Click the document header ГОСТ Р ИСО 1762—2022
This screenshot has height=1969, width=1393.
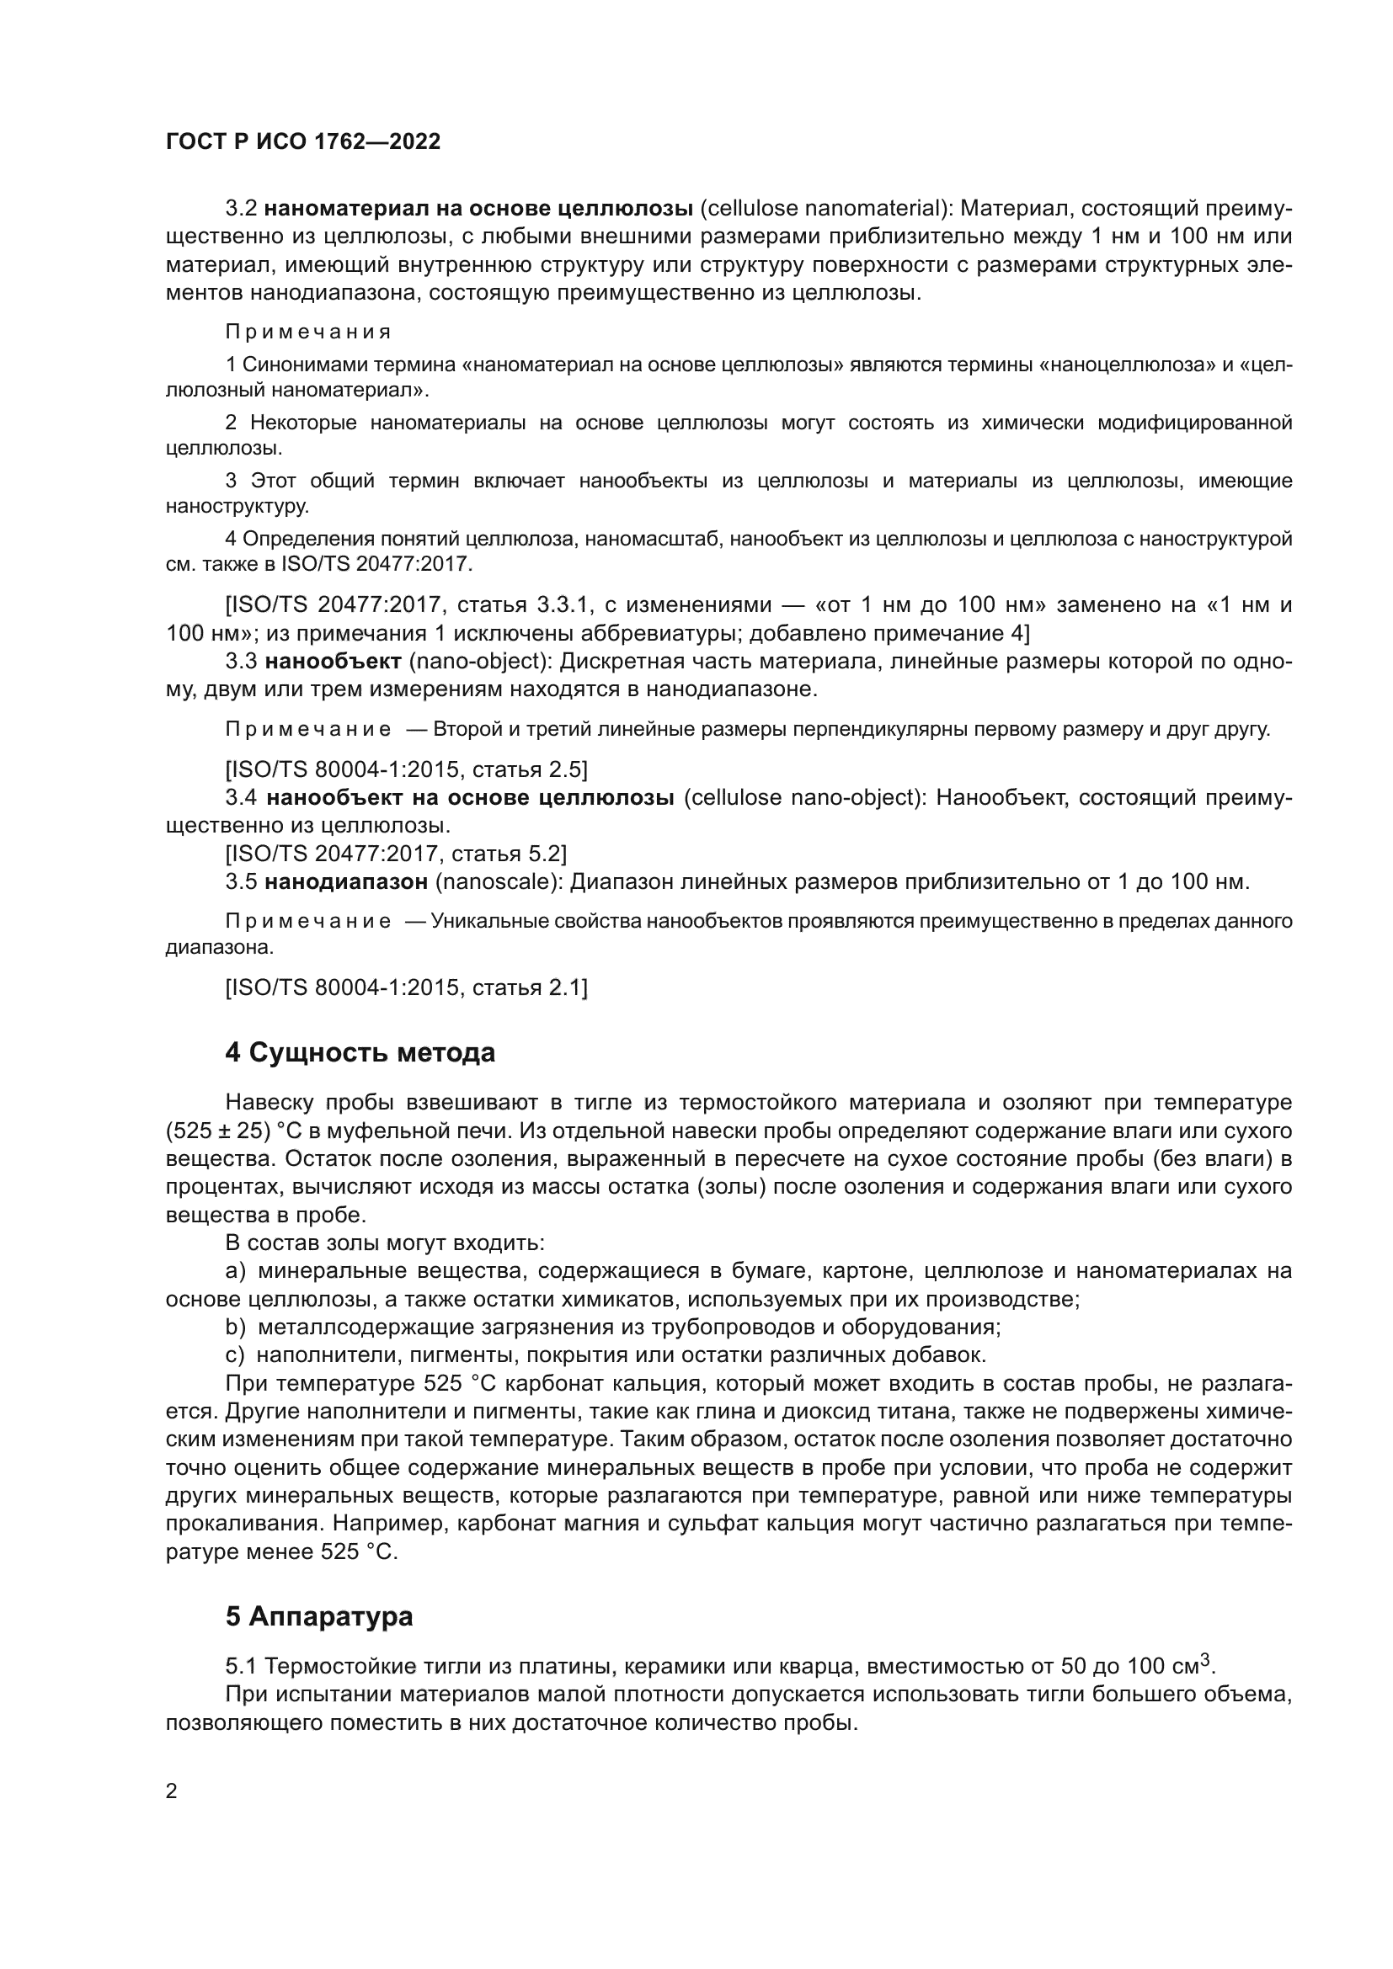303,141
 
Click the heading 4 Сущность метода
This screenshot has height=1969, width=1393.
360,1052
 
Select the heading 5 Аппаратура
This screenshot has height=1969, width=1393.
319,1616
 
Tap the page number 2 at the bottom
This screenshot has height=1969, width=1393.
172,1791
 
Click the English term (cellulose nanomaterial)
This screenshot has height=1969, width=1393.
825,209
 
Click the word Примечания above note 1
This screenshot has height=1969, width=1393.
308,332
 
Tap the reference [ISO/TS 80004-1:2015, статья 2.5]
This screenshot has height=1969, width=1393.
407,769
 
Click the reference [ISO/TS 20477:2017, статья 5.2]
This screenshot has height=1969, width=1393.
396,854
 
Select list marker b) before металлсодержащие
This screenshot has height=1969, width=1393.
235,1328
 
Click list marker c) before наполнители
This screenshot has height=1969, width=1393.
235,1356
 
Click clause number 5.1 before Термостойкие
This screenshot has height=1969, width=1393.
241,1666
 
